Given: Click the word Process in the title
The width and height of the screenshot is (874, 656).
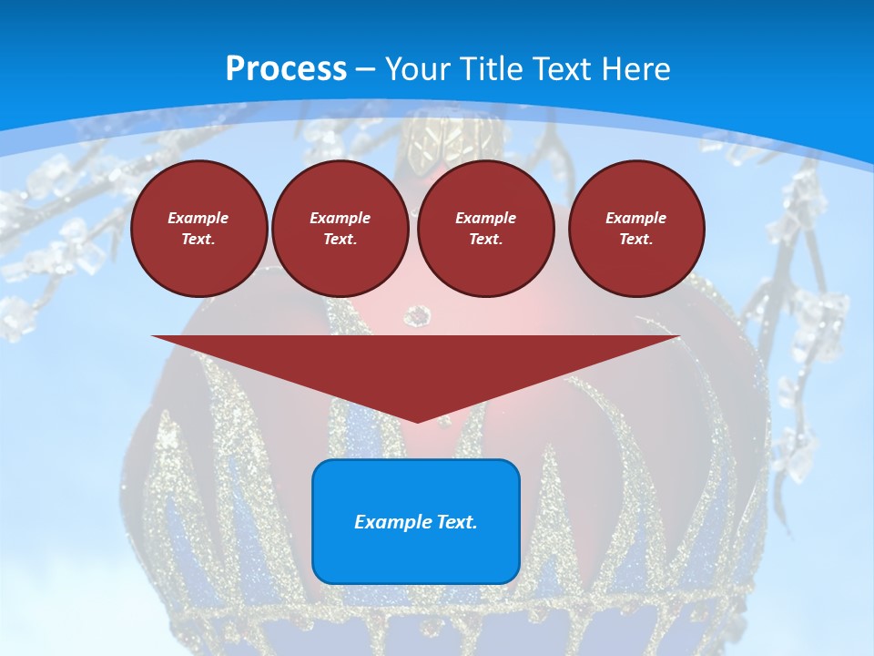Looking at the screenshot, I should [x=286, y=69].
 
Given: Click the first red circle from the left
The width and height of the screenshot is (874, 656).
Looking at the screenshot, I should [x=198, y=229].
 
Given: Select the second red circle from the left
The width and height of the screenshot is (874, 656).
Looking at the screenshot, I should [x=340, y=229].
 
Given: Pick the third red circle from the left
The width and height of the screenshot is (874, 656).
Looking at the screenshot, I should [x=485, y=229].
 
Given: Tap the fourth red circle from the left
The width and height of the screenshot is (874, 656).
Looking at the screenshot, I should [x=636, y=229].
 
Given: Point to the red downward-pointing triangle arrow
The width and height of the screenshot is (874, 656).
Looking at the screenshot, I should [x=416, y=364].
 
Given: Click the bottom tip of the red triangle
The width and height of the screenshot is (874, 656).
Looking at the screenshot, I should [x=417, y=421].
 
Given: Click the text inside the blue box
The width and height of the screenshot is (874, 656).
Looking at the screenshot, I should [x=416, y=522].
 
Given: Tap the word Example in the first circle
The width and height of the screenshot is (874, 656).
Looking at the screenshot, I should [x=198, y=218].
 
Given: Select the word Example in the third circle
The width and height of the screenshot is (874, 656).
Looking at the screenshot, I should [x=485, y=218].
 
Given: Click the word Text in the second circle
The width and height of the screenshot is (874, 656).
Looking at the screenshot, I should [x=339, y=239].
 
